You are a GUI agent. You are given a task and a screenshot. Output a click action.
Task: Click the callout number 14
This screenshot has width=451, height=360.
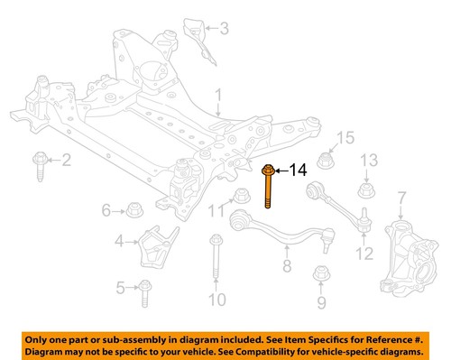coord(299,169)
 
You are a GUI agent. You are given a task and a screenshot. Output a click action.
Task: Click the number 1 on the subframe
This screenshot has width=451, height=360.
coord(217,94)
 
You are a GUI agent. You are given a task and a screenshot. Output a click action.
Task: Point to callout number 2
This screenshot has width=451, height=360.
coord(65,162)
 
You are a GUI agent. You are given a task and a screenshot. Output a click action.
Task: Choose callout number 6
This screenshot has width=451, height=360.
coord(106,211)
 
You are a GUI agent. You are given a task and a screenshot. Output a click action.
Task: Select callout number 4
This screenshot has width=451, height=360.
coord(119,241)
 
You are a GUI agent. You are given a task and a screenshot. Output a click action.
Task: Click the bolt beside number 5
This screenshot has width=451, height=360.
coord(148,288)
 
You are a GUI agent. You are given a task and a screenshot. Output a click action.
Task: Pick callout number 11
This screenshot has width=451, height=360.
coord(213,212)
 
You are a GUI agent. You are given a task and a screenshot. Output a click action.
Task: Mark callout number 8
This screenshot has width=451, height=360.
coord(286,266)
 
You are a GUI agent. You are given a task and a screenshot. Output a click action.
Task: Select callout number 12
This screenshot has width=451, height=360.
coord(364,254)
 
